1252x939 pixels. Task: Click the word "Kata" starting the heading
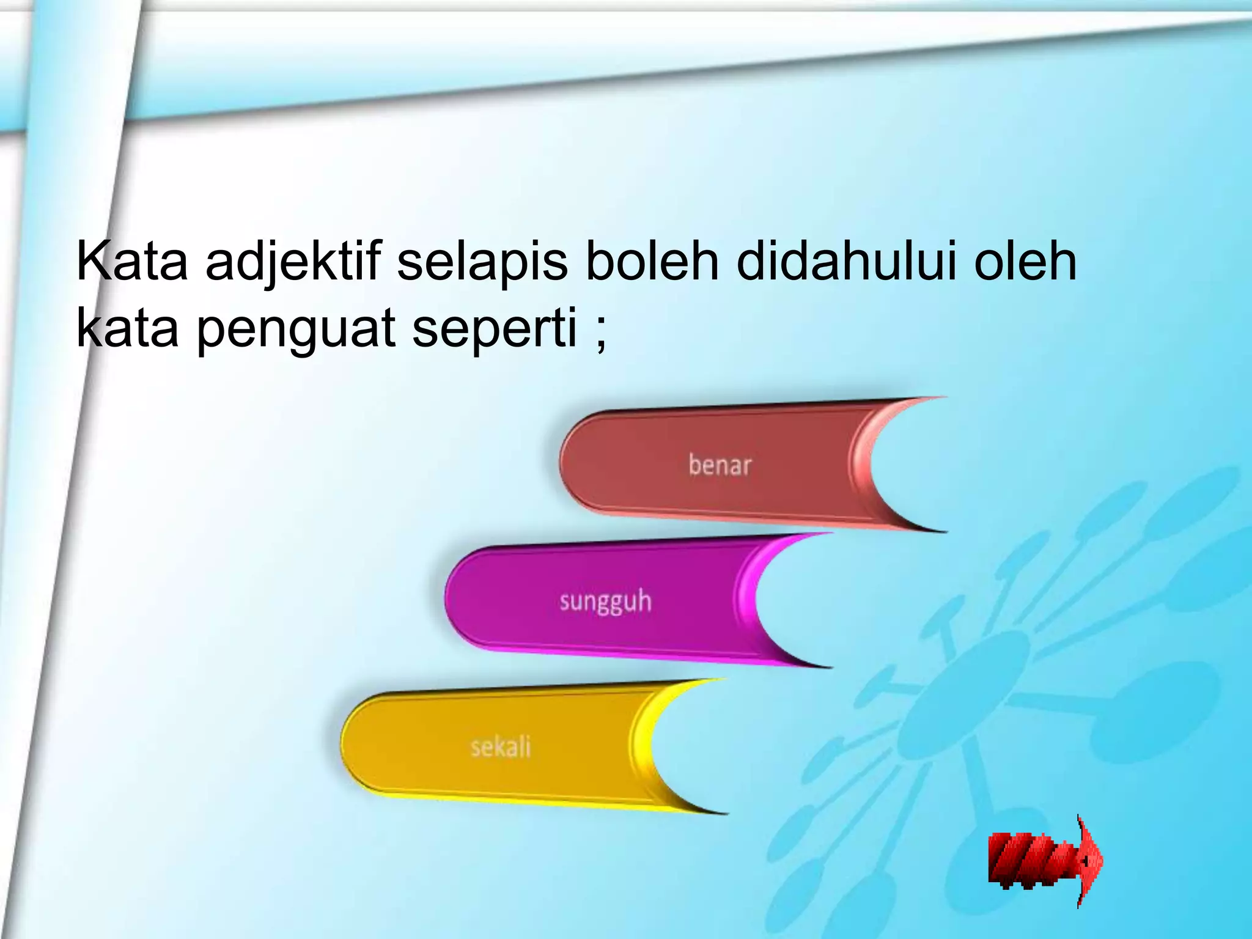132,263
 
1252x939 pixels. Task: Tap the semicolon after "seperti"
600,335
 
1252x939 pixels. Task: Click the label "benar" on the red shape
720,465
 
